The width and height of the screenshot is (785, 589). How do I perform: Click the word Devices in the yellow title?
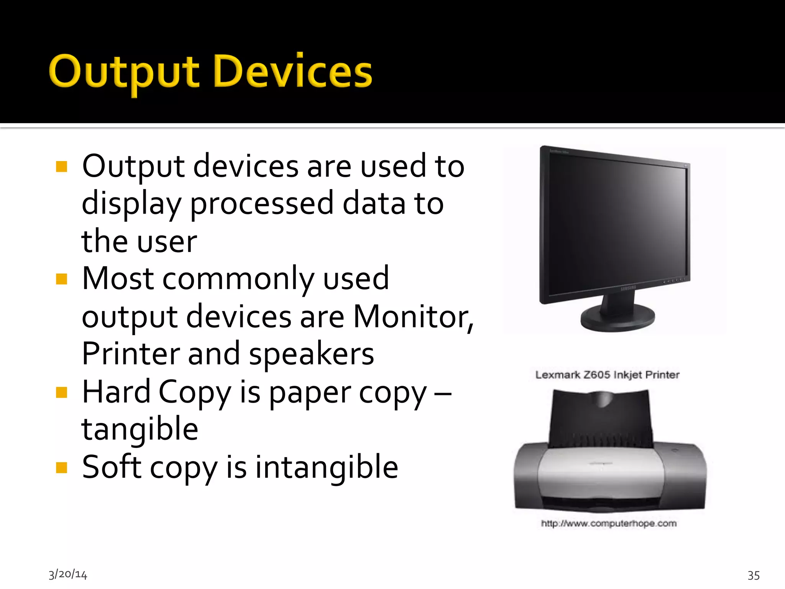click(x=293, y=72)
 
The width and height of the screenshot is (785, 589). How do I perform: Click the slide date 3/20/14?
click(x=68, y=574)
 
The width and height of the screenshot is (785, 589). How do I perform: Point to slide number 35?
click(x=754, y=575)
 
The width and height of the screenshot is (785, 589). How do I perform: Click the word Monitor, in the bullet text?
click(x=413, y=317)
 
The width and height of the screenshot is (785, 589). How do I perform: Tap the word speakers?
click(x=311, y=354)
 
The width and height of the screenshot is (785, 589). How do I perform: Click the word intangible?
click(x=327, y=467)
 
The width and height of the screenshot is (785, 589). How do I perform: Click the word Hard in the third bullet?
click(x=116, y=392)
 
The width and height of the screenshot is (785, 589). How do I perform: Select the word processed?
click(x=262, y=203)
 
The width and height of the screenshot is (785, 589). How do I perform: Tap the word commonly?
click(x=238, y=279)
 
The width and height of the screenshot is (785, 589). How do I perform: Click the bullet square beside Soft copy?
click(x=61, y=467)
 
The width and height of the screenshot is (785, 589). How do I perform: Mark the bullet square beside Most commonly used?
click(x=61, y=279)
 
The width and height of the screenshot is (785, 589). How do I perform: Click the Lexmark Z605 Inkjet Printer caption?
click(x=607, y=375)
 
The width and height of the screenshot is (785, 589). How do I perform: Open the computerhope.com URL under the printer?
click(x=609, y=523)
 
